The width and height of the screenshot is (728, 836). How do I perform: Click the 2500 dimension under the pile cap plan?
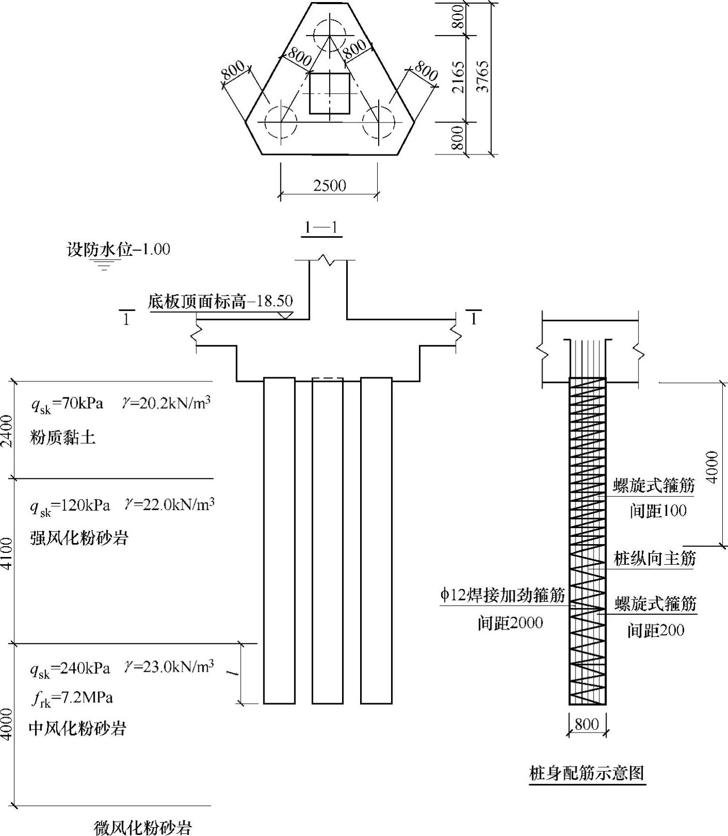[329, 185]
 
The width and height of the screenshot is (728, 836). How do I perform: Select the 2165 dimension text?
[458, 77]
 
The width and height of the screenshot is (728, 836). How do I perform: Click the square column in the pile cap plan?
[330, 93]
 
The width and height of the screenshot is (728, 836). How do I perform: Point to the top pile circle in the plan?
[330, 34]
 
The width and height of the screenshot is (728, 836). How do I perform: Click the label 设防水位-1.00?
[118, 250]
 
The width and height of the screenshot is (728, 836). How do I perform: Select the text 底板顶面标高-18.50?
[220, 301]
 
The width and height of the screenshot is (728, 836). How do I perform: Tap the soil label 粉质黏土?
[62, 438]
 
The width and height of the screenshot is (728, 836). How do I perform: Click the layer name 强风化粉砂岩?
[79, 538]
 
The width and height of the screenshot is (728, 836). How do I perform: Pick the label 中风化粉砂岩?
[77, 728]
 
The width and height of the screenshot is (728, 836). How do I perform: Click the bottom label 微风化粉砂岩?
[143, 828]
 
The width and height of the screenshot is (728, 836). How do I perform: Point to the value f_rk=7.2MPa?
[72, 698]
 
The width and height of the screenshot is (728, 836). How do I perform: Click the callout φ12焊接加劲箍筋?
[502, 595]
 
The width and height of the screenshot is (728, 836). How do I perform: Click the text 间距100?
[658, 511]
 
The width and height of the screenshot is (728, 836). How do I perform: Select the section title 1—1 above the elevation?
[321, 227]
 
